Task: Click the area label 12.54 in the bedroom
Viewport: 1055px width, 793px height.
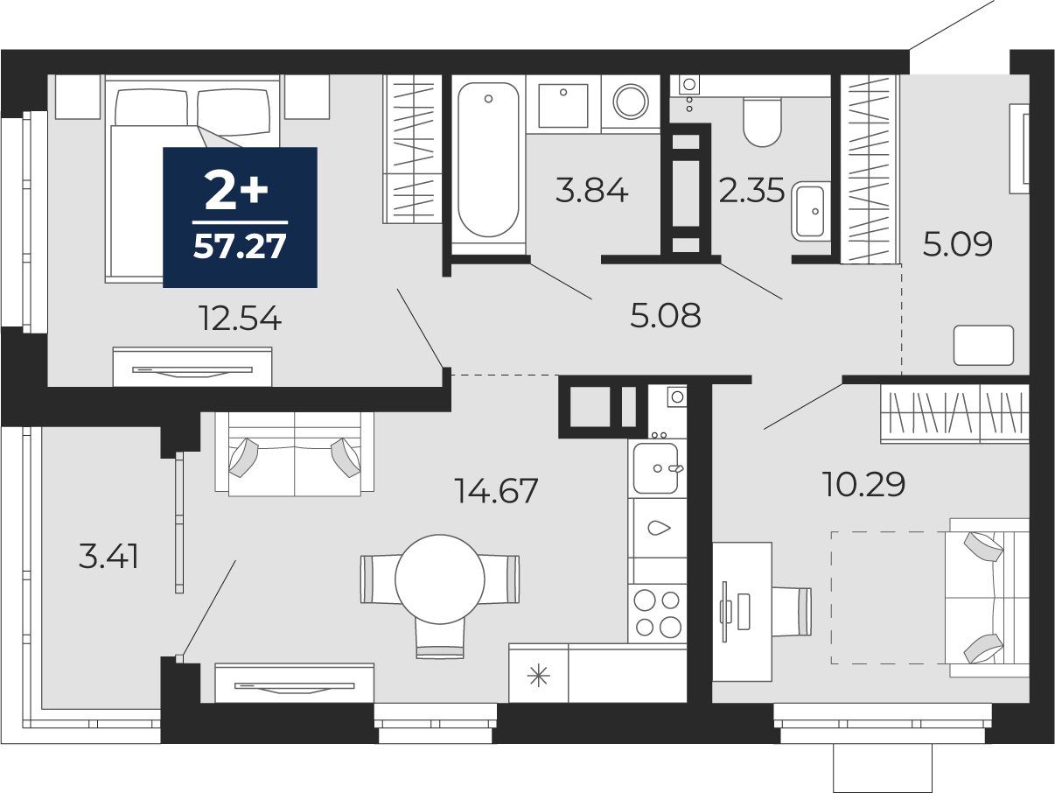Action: [241, 319]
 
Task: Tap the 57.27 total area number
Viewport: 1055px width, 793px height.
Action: [240, 247]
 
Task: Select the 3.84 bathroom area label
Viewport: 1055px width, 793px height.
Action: [591, 190]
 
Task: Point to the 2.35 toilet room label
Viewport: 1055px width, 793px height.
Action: [751, 190]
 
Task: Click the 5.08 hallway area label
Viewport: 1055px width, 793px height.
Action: [666, 315]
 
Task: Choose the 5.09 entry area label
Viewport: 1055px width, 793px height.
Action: [957, 244]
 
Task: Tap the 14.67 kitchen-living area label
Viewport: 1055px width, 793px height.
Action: [496, 490]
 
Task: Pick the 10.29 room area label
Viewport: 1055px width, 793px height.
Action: [863, 484]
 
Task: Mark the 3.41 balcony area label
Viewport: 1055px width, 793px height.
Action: [108, 556]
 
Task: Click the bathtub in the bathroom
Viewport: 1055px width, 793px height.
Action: [488, 159]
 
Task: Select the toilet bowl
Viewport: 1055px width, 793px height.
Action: [762, 122]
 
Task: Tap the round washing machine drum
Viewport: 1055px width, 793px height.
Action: [631, 102]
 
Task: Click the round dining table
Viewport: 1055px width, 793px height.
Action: [440, 579]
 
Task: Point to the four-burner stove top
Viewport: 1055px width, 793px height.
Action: [657, 614]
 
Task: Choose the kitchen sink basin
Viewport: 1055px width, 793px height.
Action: [655, 468]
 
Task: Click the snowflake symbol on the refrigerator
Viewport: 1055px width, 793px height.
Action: [538, 676]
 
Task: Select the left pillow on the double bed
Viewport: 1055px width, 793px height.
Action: [151, 109]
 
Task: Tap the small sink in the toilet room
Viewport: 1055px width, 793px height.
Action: [810, 211]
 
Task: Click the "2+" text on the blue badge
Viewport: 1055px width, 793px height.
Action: [236, 192]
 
